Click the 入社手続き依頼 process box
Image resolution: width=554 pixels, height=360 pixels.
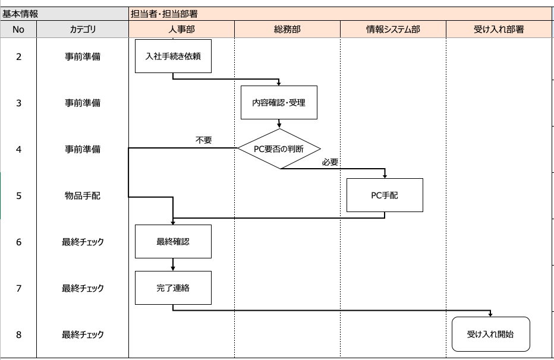coord(173,56)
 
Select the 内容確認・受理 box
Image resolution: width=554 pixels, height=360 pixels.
coord(279,103)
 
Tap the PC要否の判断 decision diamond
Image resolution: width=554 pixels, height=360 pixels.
coord(279,149)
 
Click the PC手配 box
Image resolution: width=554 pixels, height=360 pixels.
coord(385,195)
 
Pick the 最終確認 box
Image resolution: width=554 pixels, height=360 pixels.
coord(173,241)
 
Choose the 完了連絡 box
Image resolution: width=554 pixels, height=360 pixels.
coord(173,288)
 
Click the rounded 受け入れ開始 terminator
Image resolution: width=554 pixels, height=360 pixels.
coord(490,334)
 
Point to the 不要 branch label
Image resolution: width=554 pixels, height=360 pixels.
coord(204,141)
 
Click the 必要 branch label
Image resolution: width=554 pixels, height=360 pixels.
coord(330,162)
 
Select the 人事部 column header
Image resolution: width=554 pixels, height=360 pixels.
coord(181,29)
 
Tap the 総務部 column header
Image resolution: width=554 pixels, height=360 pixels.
coord(287,29)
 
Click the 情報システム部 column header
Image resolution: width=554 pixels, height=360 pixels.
coord(393,29)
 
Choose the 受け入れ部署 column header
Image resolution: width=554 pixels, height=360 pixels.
coord(499,29)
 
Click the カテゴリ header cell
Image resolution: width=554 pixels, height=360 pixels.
coord(83,29)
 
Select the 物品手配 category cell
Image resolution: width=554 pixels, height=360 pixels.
coord(83,195)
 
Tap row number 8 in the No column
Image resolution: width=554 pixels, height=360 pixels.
coord(18,334)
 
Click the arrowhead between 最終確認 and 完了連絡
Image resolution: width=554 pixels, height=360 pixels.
coord(173,269)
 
